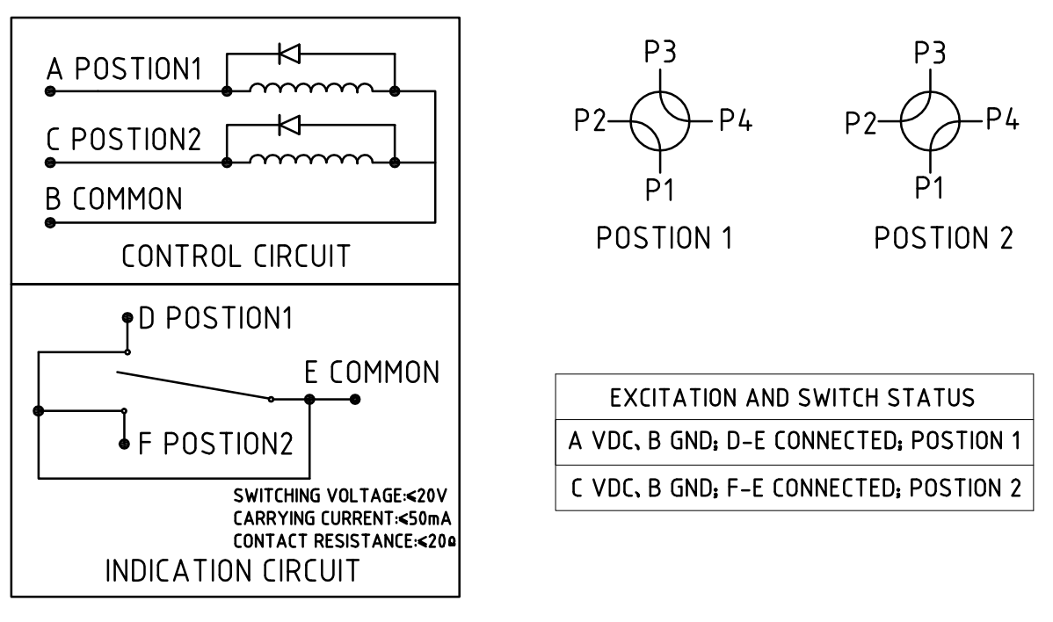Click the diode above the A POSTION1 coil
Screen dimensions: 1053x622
click(x=289, y=54)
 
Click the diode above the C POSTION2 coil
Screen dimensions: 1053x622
click(x=289, y=125)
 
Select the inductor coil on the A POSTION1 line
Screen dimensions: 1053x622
click(x=311, y=88)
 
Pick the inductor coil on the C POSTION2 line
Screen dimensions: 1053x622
click(x=311, y=159)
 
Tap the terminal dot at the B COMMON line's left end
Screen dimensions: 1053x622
click(x=50, y=222)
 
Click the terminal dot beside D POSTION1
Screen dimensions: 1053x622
click(x=127, y=317)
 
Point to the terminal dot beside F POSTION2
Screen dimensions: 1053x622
click(x=124, y=444)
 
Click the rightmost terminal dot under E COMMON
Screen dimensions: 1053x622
click(x=355, y=399)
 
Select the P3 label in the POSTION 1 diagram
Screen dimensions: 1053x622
click(x=660, y=52)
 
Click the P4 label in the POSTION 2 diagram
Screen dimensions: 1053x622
click(x=1003, y=119)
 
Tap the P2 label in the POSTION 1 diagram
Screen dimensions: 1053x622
click(x=591, y=120)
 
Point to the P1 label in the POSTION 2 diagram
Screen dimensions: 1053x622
click(x=929, y=187)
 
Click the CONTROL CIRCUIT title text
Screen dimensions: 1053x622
click(x=236, y=257)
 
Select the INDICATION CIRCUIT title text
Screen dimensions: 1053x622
click(x=232, y=570)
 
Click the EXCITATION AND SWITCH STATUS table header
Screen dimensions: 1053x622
click(x=793, y=398)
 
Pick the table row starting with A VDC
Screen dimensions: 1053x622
click(x=795, y=441)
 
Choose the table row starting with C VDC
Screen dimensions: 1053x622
click(x=795, y=488)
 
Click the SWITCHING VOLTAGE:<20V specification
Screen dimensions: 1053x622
click(x=340, y=495)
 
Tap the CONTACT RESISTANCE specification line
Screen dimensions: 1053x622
click(x=345, y=541)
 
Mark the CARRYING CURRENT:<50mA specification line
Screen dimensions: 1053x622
click(x=342, y=518)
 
